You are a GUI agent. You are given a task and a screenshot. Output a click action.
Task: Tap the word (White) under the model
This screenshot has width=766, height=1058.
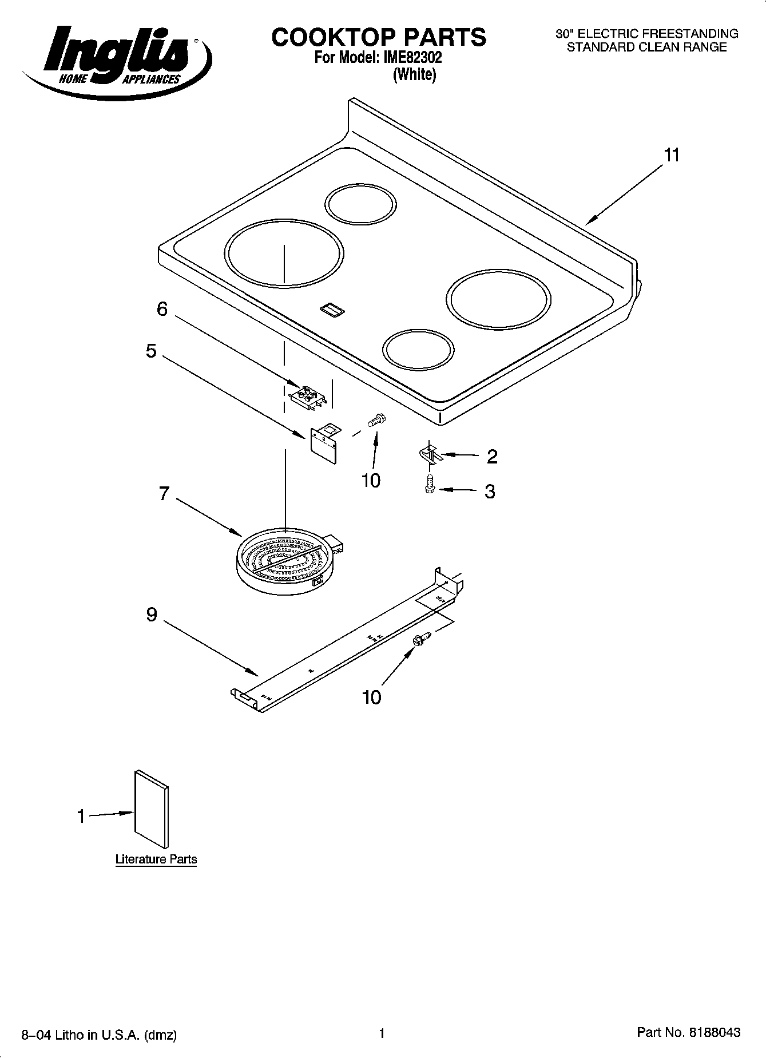(414, 75)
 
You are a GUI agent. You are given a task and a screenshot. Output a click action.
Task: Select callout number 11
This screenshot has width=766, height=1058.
(672, 155)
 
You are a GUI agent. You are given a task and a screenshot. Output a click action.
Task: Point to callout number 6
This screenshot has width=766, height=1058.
(162, 310)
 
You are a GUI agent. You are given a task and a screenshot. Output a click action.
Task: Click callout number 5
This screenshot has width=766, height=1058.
(150, 351)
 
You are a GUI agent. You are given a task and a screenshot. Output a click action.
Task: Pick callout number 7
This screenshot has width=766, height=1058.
(164, 493)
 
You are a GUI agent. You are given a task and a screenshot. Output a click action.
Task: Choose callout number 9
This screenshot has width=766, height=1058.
(152, 615)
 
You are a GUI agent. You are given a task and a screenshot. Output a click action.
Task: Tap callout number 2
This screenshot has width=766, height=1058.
(491, 457)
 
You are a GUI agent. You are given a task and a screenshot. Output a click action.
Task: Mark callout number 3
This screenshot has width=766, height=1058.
(490, 492)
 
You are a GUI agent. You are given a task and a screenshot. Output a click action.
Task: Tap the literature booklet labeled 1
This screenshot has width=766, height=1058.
(152, 809)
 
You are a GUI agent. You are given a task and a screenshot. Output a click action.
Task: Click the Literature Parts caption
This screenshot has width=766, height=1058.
(156, 859)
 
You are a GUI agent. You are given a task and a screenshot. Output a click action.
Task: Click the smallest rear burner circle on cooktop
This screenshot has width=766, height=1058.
(360, 204)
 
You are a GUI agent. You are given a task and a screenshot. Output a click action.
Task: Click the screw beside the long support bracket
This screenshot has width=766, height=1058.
(421, 639)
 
